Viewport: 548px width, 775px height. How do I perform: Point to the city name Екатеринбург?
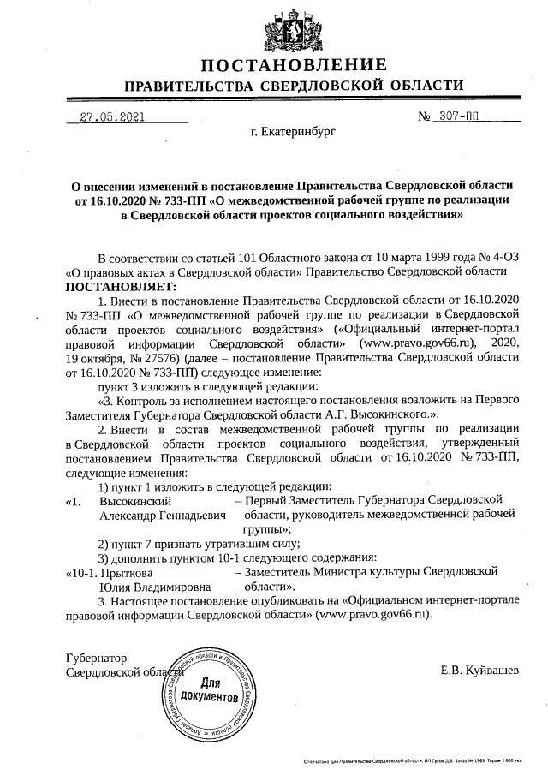[x=293, y=134]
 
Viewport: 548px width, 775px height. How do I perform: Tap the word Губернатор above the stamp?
[x=96, y=659]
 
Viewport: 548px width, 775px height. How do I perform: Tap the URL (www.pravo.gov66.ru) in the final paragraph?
[x=372, y=615]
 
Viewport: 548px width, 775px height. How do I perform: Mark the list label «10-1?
[x=82, y=571]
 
